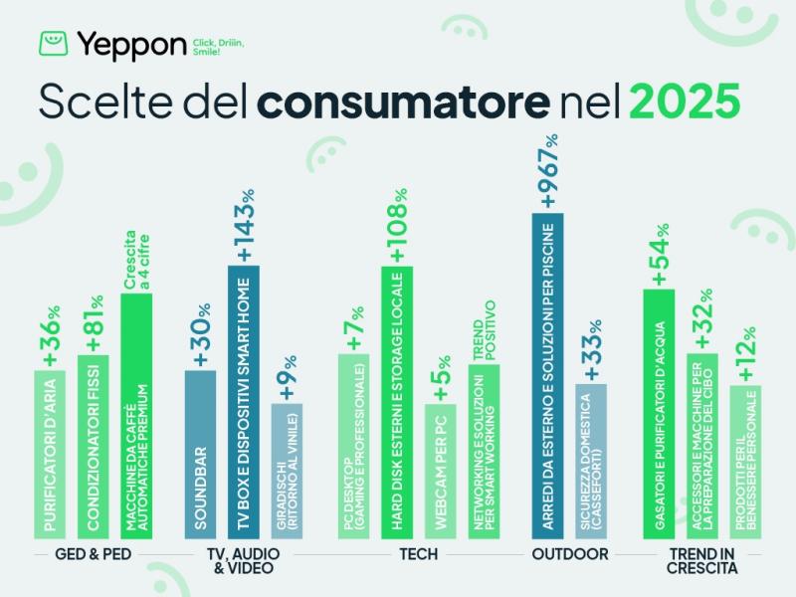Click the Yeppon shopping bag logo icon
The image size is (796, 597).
coord(54,44)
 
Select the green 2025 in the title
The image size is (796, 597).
coord(684,102)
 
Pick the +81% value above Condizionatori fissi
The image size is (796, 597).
coord(94,323)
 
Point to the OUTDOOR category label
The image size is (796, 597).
coord(569,553)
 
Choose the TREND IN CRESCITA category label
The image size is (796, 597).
coord(702,561)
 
